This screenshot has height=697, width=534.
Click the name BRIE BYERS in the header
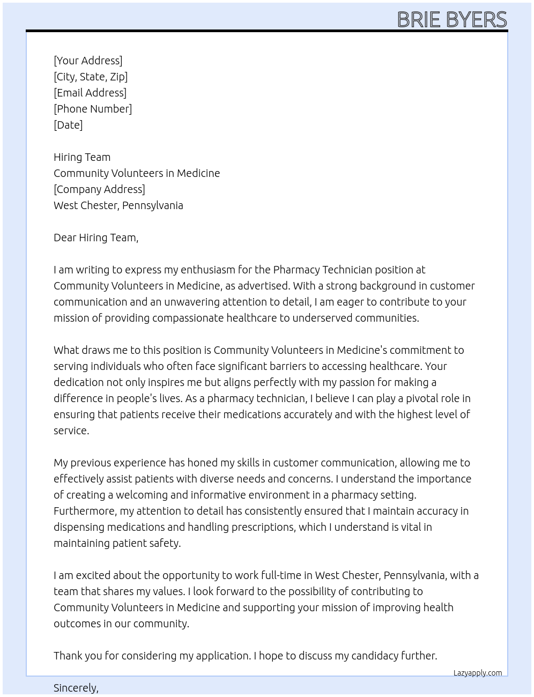(x=451, y=19)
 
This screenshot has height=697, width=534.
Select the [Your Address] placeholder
(x=88, y=61)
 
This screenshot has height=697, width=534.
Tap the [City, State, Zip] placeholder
(x=91, y=77)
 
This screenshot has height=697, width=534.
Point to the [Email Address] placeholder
(x=90, y=93)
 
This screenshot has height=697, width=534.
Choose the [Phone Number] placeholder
(x=93, y=109)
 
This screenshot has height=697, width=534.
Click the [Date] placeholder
(x=68, y=125)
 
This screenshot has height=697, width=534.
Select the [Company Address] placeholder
(x=99, y=189)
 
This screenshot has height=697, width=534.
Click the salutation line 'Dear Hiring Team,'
(x=96, y=238)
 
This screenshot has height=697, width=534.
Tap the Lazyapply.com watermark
(x=478, y=673)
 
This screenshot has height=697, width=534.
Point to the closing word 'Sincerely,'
(x=76, y=688)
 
